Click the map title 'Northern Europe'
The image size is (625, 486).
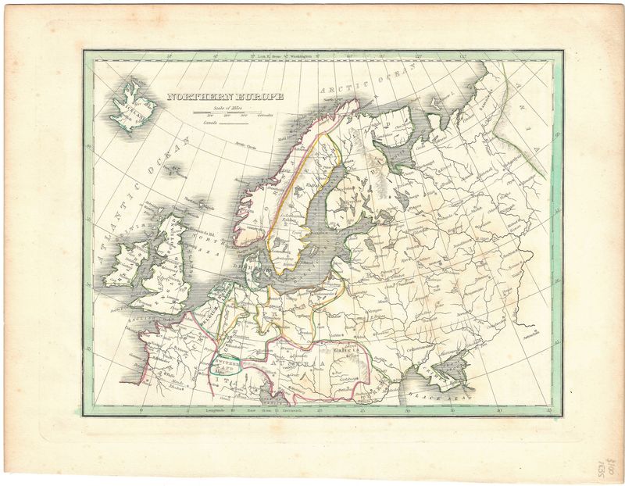coord(224,99)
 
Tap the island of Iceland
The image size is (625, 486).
coord(130,103)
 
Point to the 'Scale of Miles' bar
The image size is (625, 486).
coord(234,113)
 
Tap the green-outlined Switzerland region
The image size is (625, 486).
coord(226,364)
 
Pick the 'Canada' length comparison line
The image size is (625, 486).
coord(231,123)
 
